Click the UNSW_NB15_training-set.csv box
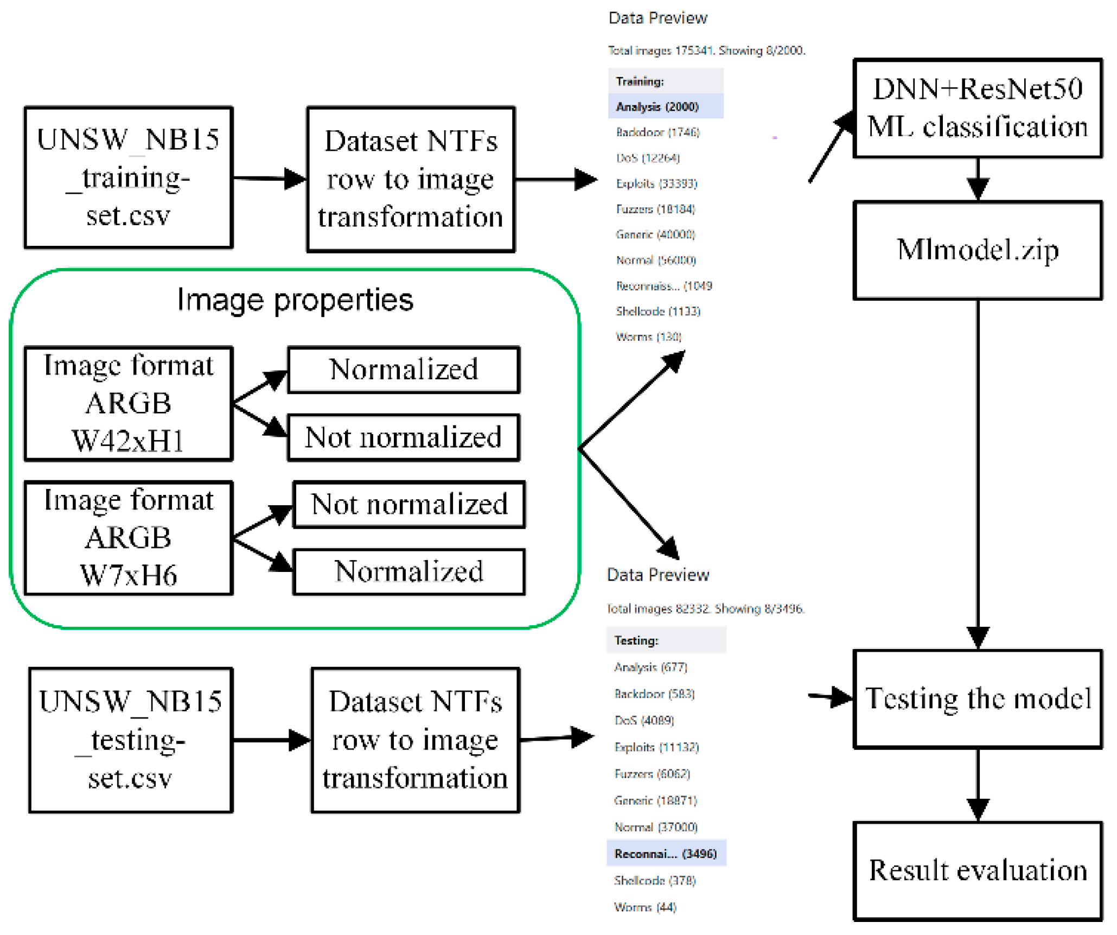(x=129, y=177)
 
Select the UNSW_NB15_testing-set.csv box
(x=131, y=740)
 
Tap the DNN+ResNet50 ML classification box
(x=978, y=108)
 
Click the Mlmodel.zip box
(x=978, y=250)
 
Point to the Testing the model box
(x=978, y=699)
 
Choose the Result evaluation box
(x=978, y=870)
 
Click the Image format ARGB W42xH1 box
(x=129, y=403)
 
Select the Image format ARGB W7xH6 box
(x=129, y=538)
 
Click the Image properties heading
(x=295, y=300)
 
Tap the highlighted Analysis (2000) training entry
(x=658, y=106)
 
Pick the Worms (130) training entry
(x=648, y=336)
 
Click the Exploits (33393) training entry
(x=656, y=183)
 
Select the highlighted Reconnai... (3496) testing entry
(x=665, y=854)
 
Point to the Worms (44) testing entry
(x=645, y=907)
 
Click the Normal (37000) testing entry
(x=655, y=827)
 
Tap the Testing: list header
(x=636, y=640)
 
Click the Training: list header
(x=640, y=81)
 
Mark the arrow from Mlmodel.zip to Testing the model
(x=978, y=472)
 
